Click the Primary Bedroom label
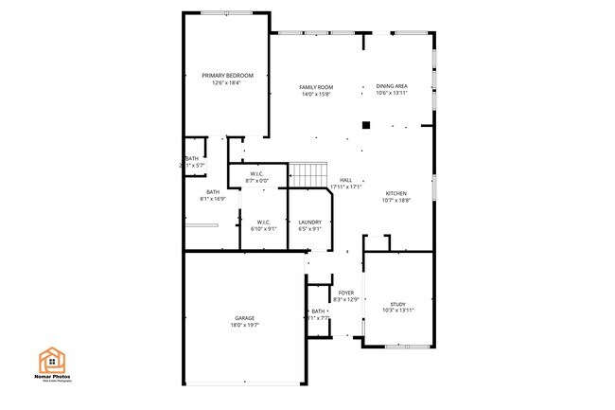226,76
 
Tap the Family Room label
317,87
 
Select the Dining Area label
392,86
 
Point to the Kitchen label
395,192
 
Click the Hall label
345,180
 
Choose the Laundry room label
309,223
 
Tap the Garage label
245,318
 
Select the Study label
397,304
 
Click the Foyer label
345,294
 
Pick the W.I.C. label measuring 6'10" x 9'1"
264,223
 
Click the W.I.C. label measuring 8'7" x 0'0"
256,174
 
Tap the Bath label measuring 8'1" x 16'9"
213,192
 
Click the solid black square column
365,123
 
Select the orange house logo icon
51,360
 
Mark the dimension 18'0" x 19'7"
245,325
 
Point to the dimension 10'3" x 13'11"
397,311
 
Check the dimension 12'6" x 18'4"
226,82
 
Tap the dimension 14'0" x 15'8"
317,94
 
